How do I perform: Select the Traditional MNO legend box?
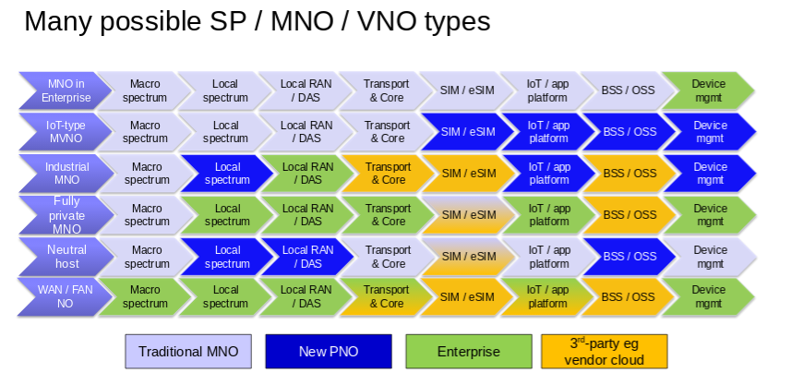click(x=188, y=351)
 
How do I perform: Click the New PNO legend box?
click(x=329, y=351)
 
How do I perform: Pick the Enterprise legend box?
click(x=468, y=351)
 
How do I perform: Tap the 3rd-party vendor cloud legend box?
click(x=605, y=351)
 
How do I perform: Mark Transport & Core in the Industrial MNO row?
click(x=387, y=174)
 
